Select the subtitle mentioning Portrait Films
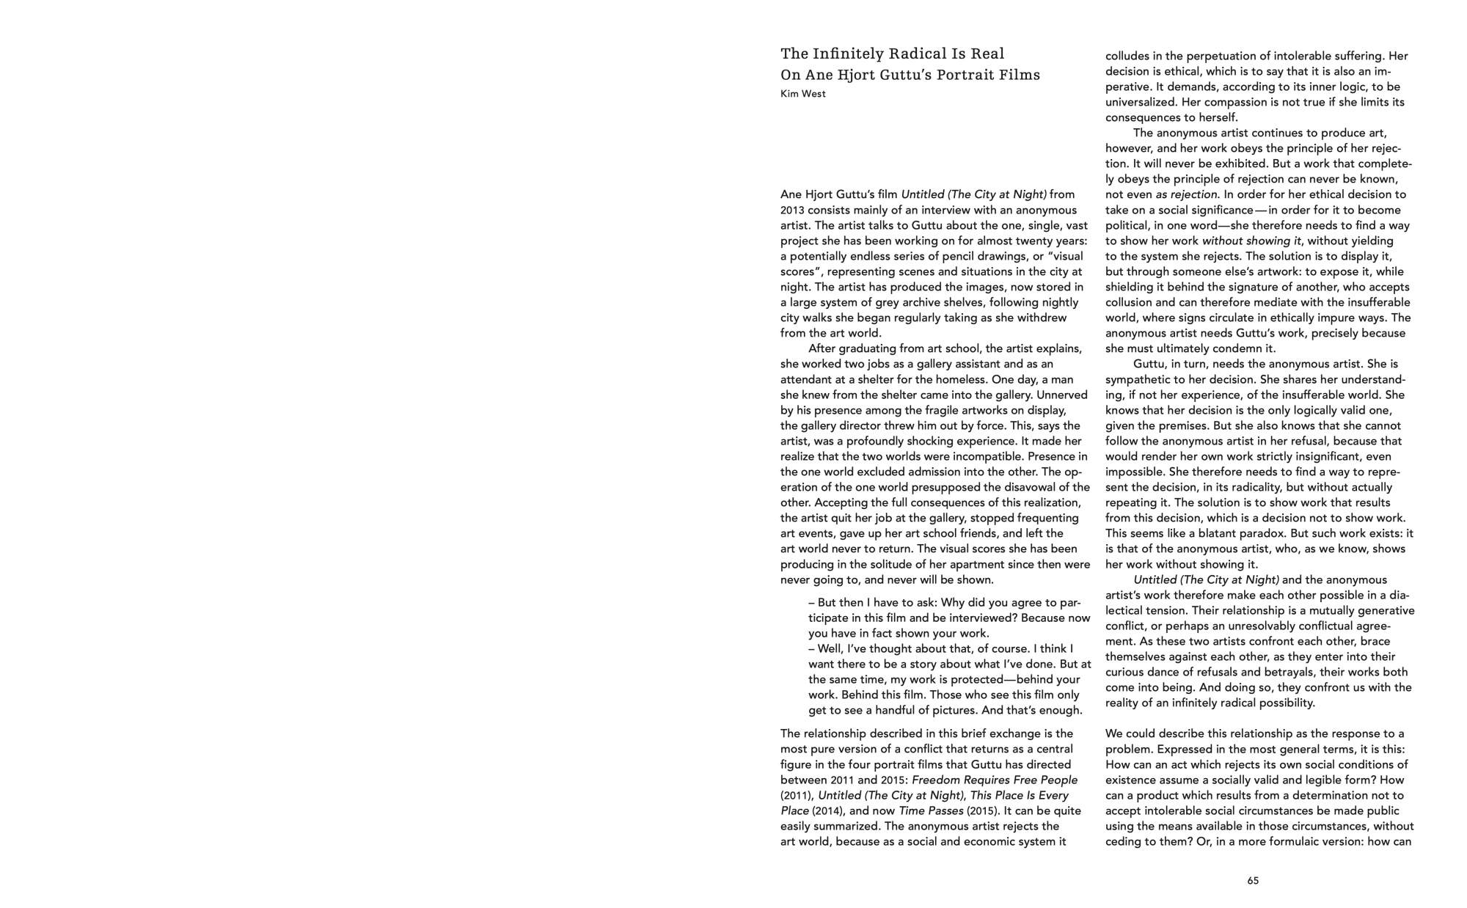tap(910, 75)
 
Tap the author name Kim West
tap(802, 94)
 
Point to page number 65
tap(1253, 881)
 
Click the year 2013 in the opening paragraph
tap(793, 210)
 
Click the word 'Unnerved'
tap(1064, 395)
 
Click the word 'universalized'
tap(1141, 102)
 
